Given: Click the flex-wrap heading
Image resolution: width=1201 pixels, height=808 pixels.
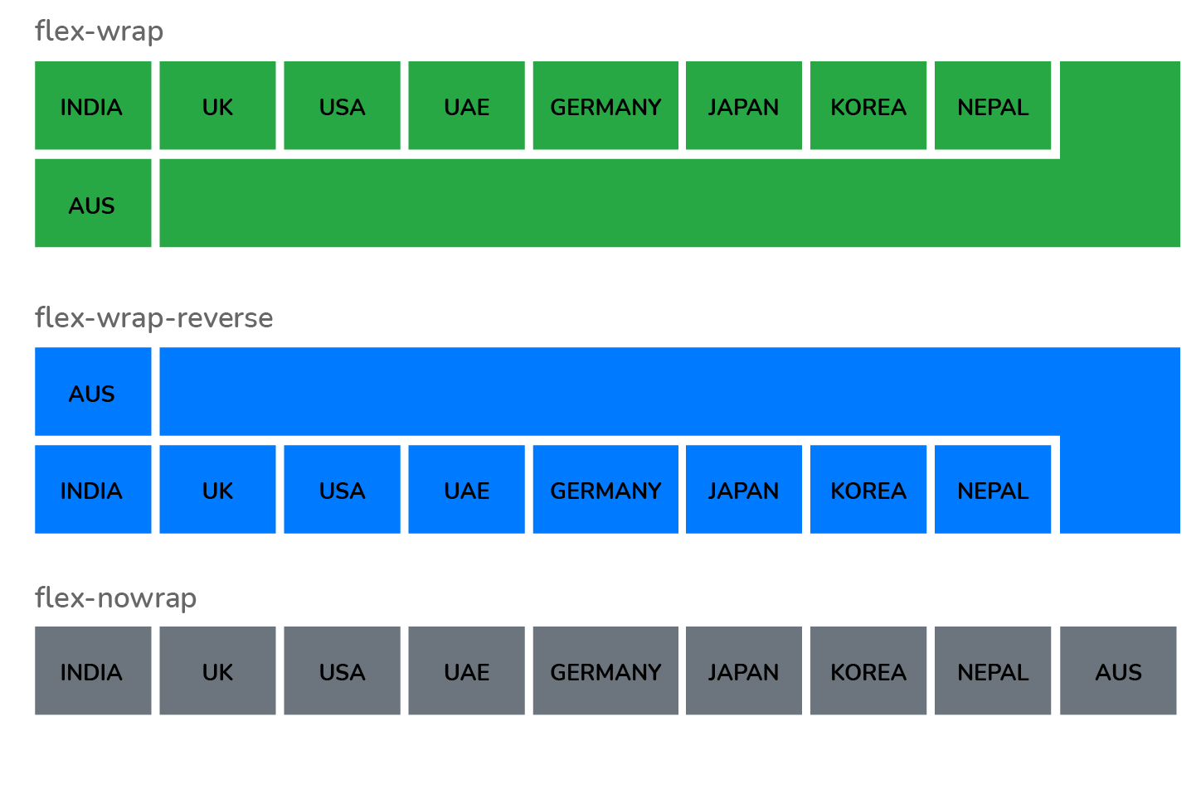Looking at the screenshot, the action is pos(100,31).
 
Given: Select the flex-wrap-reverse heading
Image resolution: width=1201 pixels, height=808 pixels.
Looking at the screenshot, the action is pos(154,318).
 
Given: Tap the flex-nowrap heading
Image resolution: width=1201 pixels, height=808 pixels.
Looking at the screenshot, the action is pos(116,598).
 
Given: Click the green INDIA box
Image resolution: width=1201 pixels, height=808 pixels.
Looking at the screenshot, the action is pos(93,105).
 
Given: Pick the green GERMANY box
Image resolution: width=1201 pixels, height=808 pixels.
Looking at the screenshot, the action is pos(605,105).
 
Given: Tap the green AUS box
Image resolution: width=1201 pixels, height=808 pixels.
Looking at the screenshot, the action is pos(93,203).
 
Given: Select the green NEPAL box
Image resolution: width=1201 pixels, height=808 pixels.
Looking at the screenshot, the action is pos(993,105).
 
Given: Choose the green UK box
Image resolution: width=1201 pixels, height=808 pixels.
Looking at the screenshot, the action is pos(217,105).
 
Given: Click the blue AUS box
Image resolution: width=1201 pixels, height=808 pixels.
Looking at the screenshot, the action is pos(93,392).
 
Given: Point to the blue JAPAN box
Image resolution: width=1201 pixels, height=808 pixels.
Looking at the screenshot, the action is pos(744,489).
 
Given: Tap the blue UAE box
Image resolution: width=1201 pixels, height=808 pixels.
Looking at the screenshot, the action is pos(466,489).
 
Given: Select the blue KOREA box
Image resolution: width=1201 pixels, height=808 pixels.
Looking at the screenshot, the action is pos(868,489).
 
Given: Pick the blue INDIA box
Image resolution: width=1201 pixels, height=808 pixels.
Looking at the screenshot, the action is pos(93,489).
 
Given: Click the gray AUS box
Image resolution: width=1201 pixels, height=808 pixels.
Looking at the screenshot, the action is pos(1118,670).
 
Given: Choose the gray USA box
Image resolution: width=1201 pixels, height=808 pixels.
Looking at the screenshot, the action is pos(342,670).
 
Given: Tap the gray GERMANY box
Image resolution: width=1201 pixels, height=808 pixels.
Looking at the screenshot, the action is pos(605,670).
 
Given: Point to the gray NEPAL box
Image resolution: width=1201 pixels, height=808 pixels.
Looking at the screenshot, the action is pos(993,670).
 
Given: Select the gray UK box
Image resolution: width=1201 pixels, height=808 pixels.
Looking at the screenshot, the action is pos(217,670).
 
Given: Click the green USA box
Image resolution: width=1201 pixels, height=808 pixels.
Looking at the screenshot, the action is pos(342,105).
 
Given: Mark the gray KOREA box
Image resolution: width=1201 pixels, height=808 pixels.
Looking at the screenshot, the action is pos(868,670).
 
